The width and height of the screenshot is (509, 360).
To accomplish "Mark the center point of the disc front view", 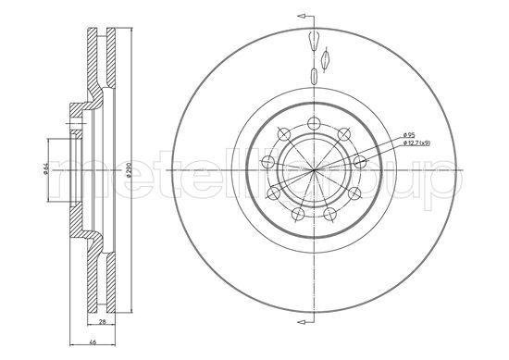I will click(x=315, y=169).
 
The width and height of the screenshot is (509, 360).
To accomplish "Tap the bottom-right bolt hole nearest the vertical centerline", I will click(x=330, y=214).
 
